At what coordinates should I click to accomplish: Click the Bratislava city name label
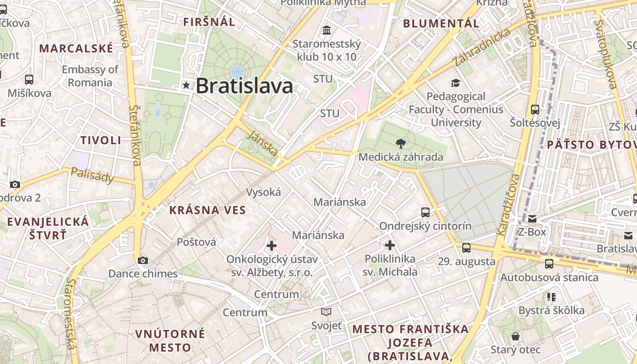(x=244, y=86)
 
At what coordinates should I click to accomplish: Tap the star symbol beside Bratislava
(x=186, y=85)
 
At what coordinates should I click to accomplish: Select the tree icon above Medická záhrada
(x=400, y=144)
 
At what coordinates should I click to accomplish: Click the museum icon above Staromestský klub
(x=326, y=30)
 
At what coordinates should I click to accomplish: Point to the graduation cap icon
(x=455, y=83)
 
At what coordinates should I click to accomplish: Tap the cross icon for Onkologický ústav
(x=272, y=246)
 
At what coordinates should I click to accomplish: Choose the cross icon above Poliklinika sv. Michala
(x=390, y=245)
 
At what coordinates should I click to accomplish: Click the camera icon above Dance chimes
(x=143, y=260)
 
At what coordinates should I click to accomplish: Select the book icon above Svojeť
(x=326, y=312)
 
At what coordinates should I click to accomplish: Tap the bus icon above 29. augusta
(x=466, y=248)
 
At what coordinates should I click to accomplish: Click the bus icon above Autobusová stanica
(x=549, y=263)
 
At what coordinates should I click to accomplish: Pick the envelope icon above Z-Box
(x=532, y=219)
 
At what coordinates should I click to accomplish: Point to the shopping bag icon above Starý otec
(x=516, y=336)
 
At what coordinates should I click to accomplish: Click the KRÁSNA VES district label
(x=207, y=210)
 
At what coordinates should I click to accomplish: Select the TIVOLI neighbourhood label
(x=101, y=140)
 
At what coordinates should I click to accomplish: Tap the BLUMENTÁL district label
(x=441, y=23)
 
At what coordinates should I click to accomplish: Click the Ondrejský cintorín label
(x=425, y=226)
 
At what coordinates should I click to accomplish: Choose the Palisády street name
(x=93, y=175)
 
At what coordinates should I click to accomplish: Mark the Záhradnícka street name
(x=482, y=47)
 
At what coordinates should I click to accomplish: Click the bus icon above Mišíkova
(x=29, y=80)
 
